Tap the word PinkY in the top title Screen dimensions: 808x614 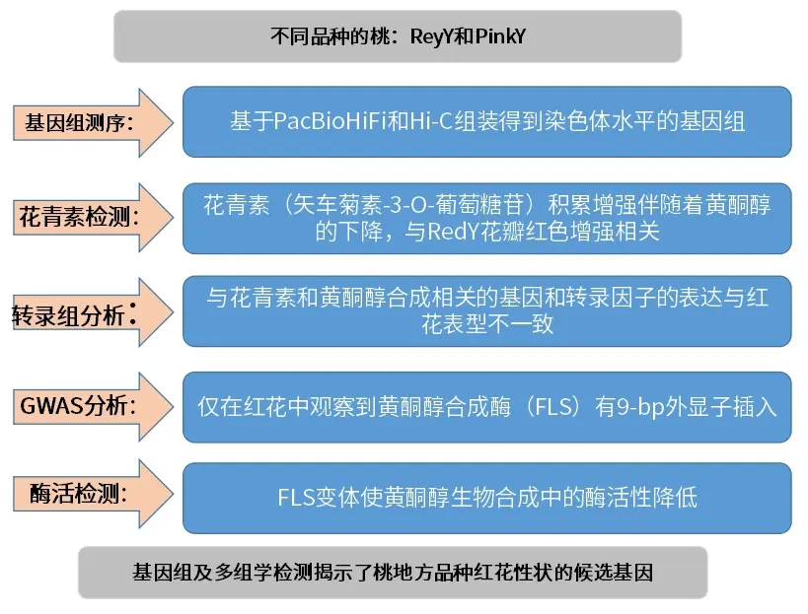pyautogui.click(x=500, y=37)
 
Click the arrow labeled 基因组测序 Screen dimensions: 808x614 pyautogui.click(x=94, y=122)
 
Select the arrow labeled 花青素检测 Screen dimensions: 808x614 pyautogui.click(x=94, y=217)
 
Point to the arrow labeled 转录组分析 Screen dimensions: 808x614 pyautogui.click(x=94, y=312)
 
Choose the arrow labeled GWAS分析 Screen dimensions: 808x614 pyautogui.click(x=94, y=407)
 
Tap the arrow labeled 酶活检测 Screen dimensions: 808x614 pyautogui.click(x=94, y=494)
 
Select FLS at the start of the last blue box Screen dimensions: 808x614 pyautogui.click(x=296, y=498)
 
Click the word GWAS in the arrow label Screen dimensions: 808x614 pyautogui.click(x=51, y=406)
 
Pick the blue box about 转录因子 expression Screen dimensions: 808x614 pyautogui.click(x=487, y=311)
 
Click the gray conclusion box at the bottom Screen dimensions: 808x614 pyautogui.click(x=393, y=573)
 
